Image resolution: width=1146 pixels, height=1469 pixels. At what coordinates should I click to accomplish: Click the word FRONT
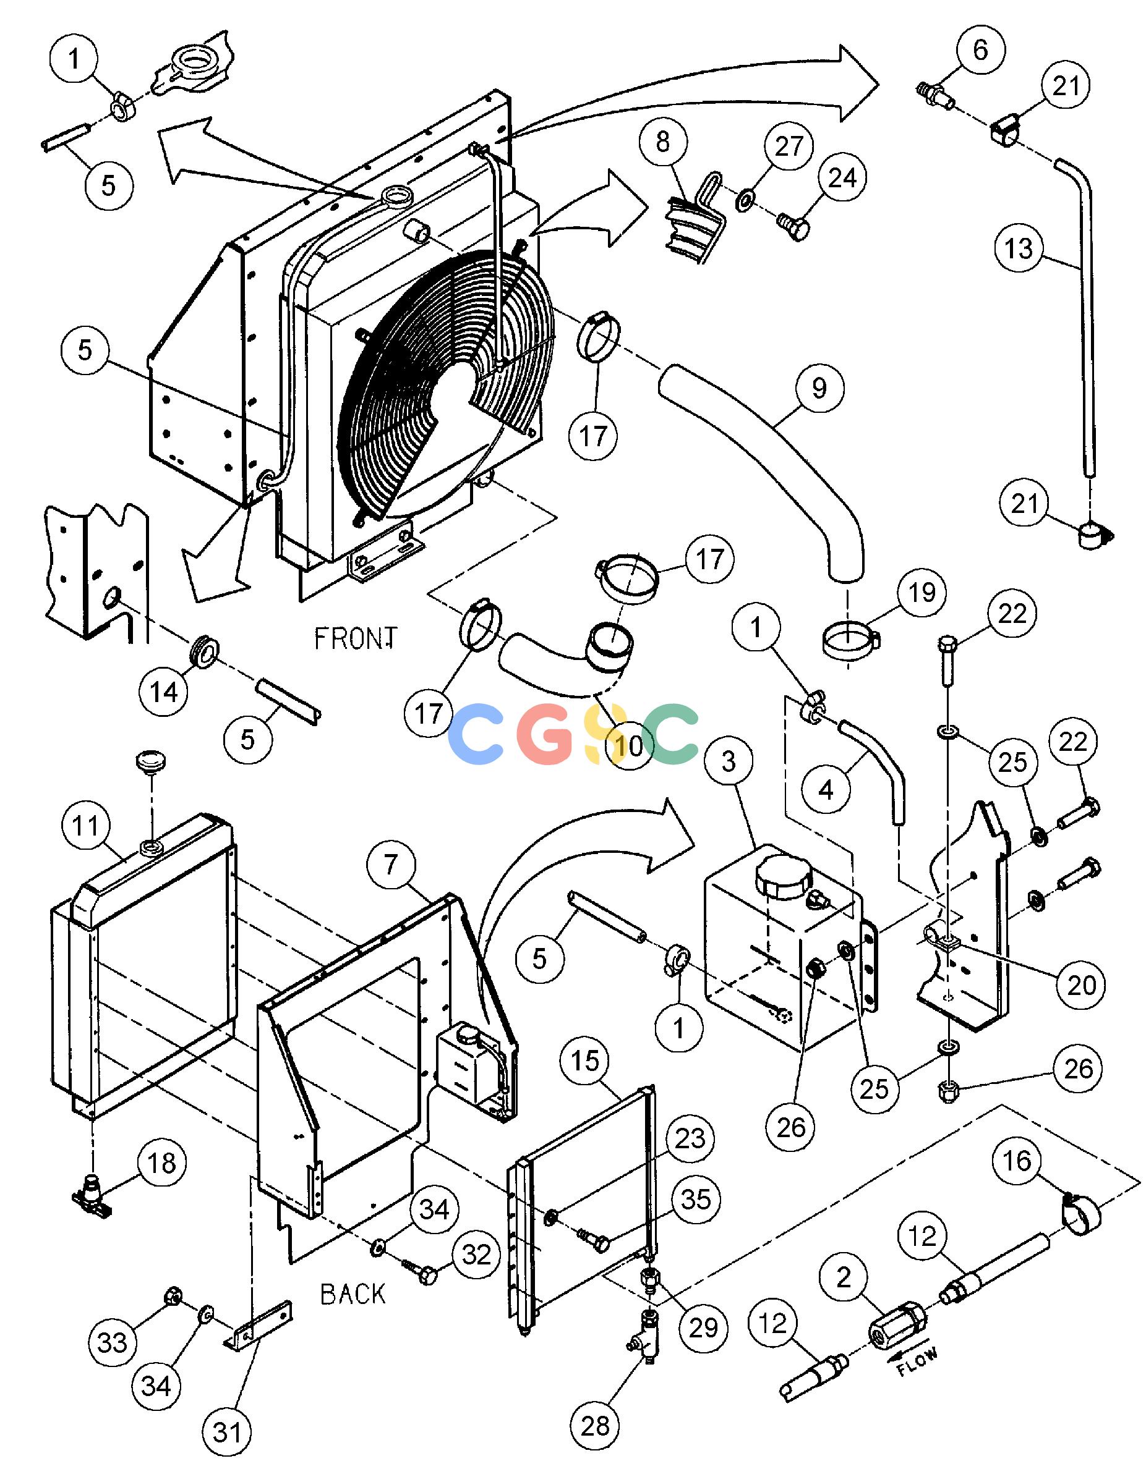356,638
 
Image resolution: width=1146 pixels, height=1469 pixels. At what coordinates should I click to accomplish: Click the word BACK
353,1293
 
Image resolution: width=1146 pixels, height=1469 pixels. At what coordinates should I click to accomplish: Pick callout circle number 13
1019,249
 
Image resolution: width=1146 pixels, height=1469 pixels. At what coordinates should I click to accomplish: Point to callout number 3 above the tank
729,761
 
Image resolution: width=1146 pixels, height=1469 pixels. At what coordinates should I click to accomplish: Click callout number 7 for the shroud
391,866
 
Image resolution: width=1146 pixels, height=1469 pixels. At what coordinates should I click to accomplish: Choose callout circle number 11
85,825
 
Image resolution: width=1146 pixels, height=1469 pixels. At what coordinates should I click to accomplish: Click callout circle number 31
227,1433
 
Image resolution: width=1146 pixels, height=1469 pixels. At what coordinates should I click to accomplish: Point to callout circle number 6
980,50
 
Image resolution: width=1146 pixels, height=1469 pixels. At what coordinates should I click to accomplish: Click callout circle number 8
664,142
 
